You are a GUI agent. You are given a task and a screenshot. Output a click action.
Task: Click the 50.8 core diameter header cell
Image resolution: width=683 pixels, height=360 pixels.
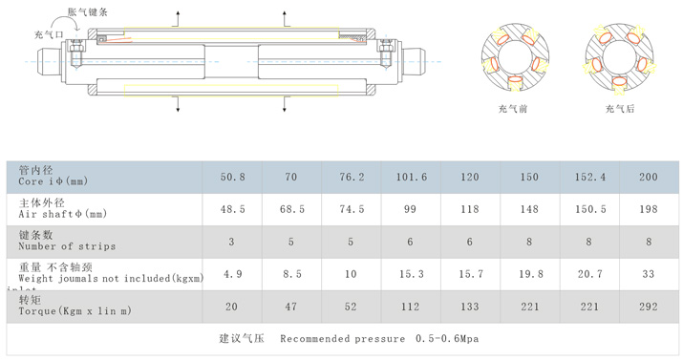(x=233, y=178)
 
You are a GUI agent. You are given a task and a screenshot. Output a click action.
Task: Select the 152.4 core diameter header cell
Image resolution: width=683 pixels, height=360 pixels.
(x=589, y=178)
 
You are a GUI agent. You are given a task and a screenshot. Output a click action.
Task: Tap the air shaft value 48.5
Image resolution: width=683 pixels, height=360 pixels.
(x=233, y=209)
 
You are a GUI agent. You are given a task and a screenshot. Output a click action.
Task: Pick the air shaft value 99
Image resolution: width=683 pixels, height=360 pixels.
(x=410, y=209)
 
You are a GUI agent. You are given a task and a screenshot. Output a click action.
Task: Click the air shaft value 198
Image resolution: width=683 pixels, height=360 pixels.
(x=649, y=209)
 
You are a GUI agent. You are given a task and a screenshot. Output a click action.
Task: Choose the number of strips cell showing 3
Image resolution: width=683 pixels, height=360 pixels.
(x=231, y=242)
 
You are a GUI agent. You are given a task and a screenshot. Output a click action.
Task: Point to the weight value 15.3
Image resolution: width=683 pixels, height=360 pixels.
(x=411, y=274)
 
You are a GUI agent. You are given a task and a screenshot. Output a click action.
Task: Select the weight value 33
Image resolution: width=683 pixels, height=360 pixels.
(x=649, y=274)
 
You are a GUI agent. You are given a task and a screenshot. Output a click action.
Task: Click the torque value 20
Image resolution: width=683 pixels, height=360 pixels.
(x=231, y=307)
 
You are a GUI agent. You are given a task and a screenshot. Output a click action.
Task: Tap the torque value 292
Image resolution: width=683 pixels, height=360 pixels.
(x=649, y=307)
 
